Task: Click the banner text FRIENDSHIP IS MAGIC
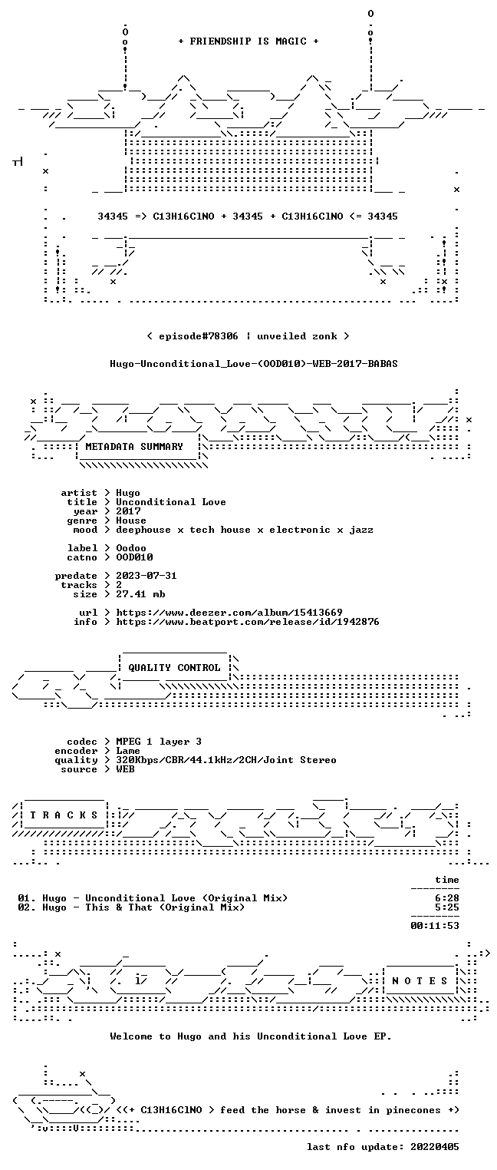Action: (x=248, y=41)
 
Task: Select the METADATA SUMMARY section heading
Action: (x=134, y=447)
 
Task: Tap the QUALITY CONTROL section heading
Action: (x=174, y=667)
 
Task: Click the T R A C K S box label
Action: (x=64, y=815)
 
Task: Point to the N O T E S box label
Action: (x=420, y=981)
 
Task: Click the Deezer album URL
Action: (x=229, y=612)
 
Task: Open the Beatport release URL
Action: (x=248, y=622)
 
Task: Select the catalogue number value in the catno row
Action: (x=134, y=557)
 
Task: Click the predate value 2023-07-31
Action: (x=146, y=576)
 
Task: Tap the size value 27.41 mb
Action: (x=140, y=594)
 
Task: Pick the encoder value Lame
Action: (x=128, y=751)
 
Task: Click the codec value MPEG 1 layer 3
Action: (x=159, y=742)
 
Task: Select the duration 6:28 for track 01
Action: (x=447, y=898)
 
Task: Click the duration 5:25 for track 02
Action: (x=447, y=907)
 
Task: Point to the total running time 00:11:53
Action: (x=435, y=926)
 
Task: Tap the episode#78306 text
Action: (x=199, y=335)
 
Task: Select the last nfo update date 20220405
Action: (x=435, y=1146)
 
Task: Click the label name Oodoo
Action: (x=131, y=548)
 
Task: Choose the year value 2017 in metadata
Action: (x=128, y=511)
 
